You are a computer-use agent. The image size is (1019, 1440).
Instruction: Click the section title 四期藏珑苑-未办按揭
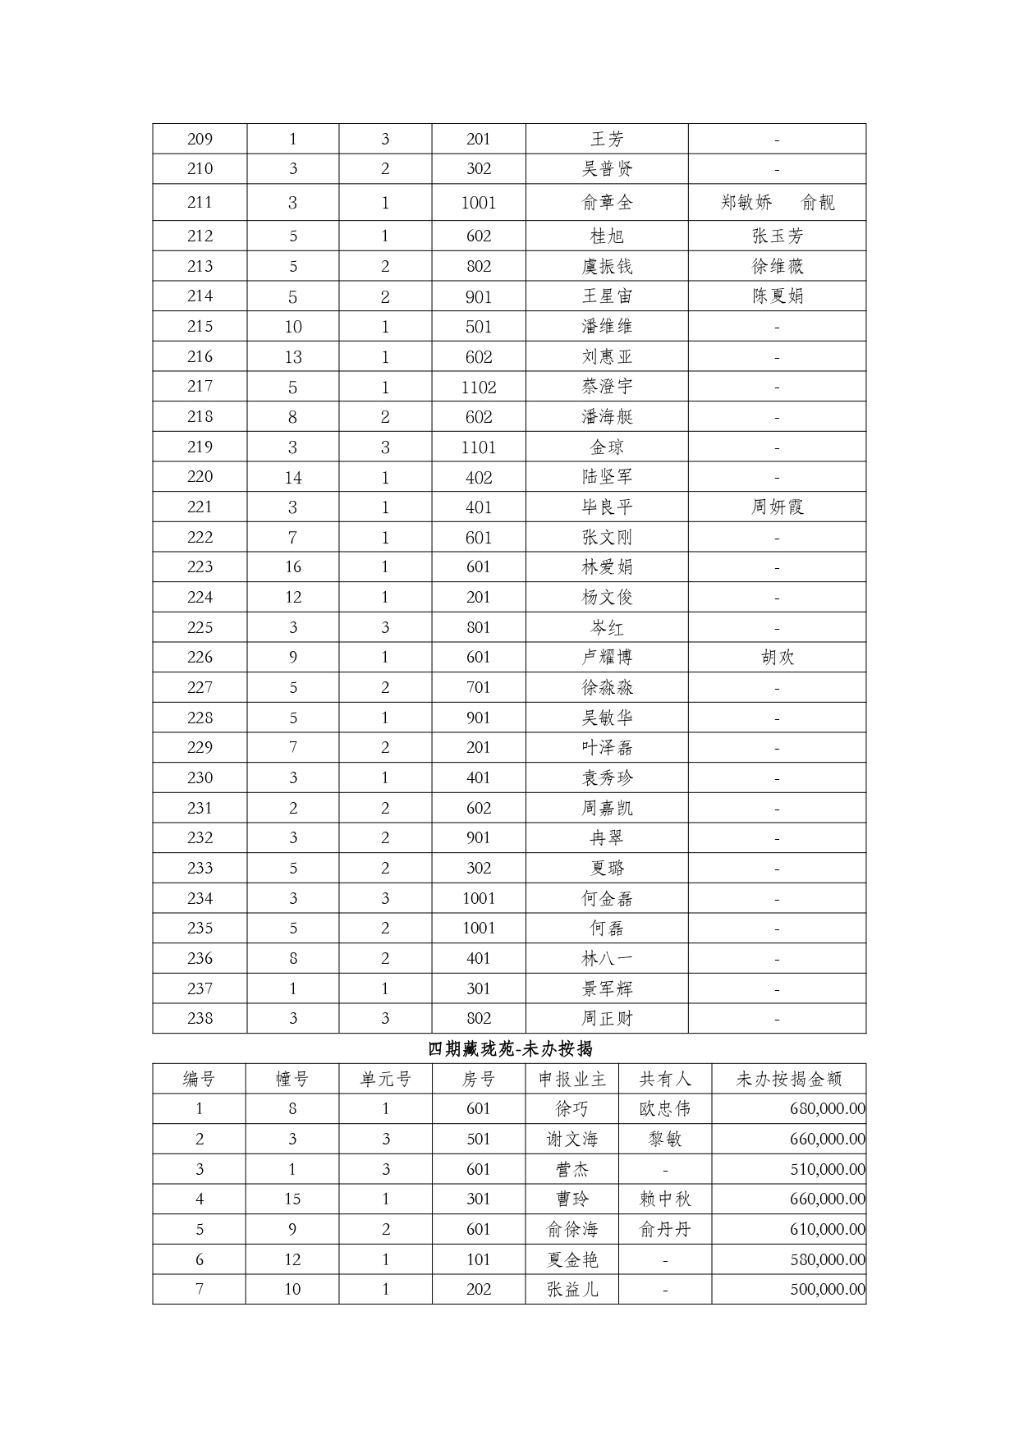tap(510, 1048)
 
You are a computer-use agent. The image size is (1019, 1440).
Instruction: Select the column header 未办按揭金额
tap(788, 1079)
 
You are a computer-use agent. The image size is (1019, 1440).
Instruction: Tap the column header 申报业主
tap(571, 1079)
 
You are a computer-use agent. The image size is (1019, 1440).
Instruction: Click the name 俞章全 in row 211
tap(607, 202)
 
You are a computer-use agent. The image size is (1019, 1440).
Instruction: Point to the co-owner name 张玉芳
tap(777, 236)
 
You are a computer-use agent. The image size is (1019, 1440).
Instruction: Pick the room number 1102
tap(479, 387)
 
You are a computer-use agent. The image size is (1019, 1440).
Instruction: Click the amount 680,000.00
tap(827, 1108)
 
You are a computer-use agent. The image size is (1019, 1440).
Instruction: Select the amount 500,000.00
tap(827, 1289)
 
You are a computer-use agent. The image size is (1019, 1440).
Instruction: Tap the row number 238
tap(200, 1018)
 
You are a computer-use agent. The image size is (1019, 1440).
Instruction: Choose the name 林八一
tap(607, 958)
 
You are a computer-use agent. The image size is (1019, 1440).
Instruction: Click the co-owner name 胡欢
tap(777, 657)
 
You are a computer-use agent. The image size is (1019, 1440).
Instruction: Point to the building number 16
tap(293, 566)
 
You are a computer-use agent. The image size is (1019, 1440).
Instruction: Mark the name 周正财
tap(607, 1018)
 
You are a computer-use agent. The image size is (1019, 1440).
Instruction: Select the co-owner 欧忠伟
tap(664, 1108)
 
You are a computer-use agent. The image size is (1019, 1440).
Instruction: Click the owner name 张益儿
tap(571, 1289)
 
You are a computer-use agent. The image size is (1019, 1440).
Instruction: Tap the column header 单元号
tap(385, 1079)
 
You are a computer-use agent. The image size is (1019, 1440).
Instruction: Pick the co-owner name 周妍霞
tap(777, 507)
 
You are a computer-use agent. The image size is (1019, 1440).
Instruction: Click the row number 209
tap(200, 139)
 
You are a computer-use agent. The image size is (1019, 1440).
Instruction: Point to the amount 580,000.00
tap(827, 1259)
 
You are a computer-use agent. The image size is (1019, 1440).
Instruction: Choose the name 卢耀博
tap(607, 657)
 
